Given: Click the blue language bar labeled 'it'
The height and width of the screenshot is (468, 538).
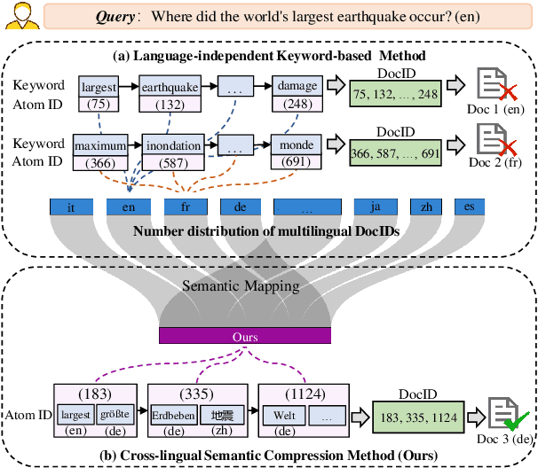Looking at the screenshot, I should pos(71,207).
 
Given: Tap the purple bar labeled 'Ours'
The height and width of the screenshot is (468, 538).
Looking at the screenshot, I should pos(244,335).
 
